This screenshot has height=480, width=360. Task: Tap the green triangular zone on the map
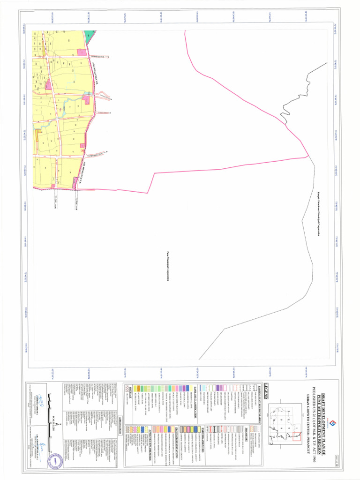click(88, 37)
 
